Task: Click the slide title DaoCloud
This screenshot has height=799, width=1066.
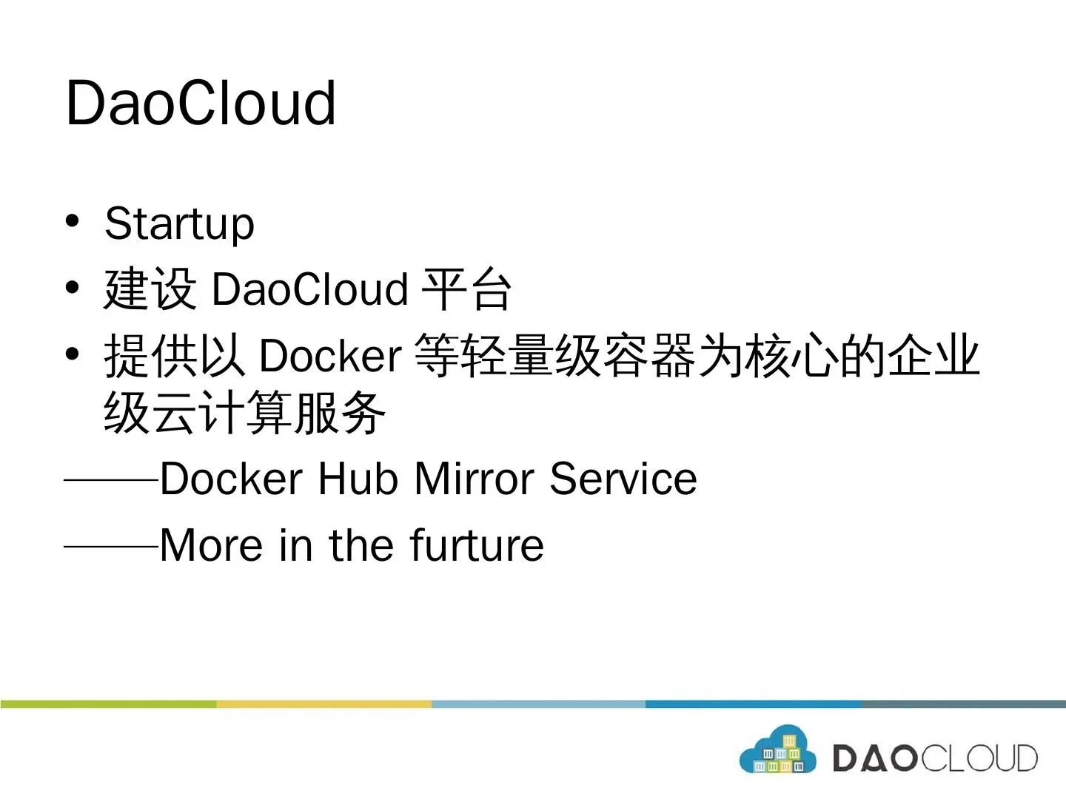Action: pos(201,104)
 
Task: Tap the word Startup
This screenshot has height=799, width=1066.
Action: pos(179,224)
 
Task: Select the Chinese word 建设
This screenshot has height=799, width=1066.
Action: pos(150,289)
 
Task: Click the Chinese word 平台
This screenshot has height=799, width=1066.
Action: pos(466,289)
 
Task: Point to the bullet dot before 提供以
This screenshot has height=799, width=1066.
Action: pos(72,354)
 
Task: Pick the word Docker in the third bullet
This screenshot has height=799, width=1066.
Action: pos(331,356)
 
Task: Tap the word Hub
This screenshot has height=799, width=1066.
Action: pos(358,479)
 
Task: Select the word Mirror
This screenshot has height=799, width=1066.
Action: pos(475,479)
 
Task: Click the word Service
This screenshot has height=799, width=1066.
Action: pos(623,479)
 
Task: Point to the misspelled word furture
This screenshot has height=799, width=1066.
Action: pos(477,545)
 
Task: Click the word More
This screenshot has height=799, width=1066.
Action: pos(211,545)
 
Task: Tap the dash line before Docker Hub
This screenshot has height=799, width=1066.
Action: pos(111,480)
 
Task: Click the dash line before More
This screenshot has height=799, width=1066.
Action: pos(111,546)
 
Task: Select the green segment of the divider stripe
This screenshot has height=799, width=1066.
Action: pos(108,704)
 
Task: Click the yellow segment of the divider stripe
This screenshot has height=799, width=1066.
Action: pos(324,704)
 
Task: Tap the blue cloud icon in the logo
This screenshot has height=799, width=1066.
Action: pos(777,749)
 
